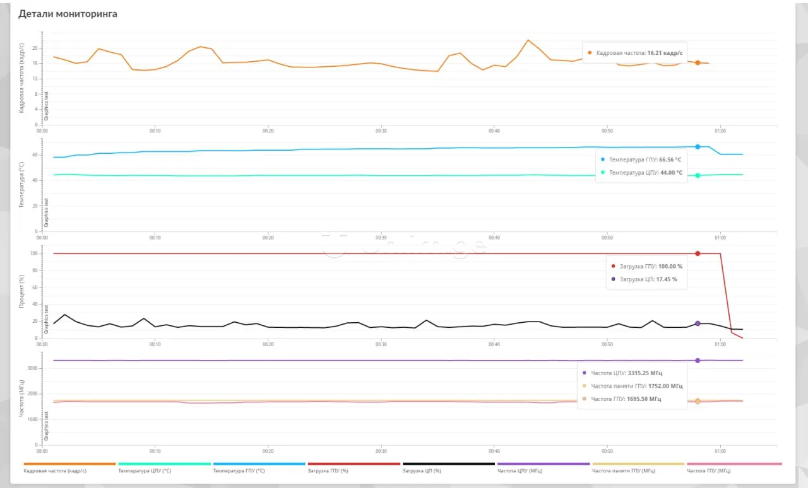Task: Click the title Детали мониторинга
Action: point(68,14)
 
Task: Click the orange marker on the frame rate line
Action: point(698,63)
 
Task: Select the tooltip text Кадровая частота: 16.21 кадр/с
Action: point(639,53)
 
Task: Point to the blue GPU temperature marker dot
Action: point(698,147)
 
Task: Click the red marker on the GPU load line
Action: point(698,253)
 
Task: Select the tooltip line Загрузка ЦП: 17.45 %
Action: point(648,279)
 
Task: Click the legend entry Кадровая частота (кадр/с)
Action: point(56,470)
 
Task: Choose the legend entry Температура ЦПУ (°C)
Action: point(145,470)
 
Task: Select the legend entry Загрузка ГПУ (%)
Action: point(328,470)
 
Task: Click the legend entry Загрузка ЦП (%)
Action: point(422,470)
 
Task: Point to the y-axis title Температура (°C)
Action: point(22,185)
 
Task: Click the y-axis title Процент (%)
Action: point(22,291)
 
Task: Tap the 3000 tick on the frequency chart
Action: point(32,368)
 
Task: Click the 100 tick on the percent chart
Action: point(34,253)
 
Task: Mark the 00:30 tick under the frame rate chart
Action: point(381,131)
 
